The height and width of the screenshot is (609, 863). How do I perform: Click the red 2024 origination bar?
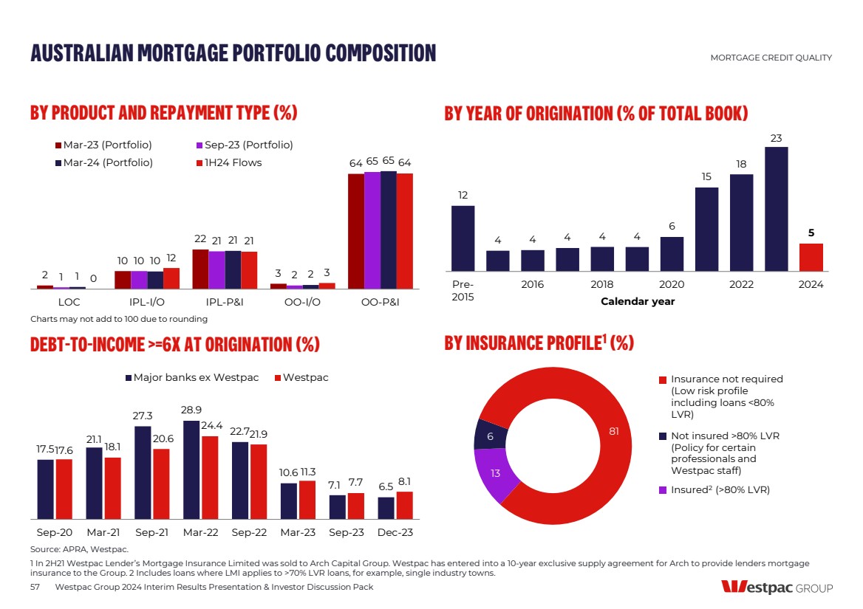(x=811, y=257)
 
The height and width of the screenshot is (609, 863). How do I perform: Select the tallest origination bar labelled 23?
(x=776, y=209)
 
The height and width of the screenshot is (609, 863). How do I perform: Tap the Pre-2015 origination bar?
(x=463, y=238)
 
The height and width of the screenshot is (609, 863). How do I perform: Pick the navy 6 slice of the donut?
(x=490, y=436)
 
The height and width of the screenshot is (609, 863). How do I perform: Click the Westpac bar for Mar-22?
(x=210, y=477)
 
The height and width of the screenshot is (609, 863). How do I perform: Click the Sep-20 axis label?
(x=55, y=532)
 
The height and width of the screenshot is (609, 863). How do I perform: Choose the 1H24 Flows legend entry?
(x=228, y=162)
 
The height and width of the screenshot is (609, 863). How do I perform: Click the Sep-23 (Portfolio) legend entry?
(x=244, y=145)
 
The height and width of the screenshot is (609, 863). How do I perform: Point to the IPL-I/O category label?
(x=146, y=302)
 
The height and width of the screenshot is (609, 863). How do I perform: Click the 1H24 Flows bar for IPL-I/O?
(x=171, y=278)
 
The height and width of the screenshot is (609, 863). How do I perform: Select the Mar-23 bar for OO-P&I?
(x=356, y=230)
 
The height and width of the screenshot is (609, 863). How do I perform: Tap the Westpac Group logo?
(x=777, y=588)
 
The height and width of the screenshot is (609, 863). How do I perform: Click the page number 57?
(x=35, y=587)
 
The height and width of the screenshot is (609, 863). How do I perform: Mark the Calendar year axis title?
(x=637, y=301)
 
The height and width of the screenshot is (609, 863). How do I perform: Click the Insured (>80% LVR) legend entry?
(x=720, y=489)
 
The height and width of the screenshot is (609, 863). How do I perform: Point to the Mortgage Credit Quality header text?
(x=771, y=58)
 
